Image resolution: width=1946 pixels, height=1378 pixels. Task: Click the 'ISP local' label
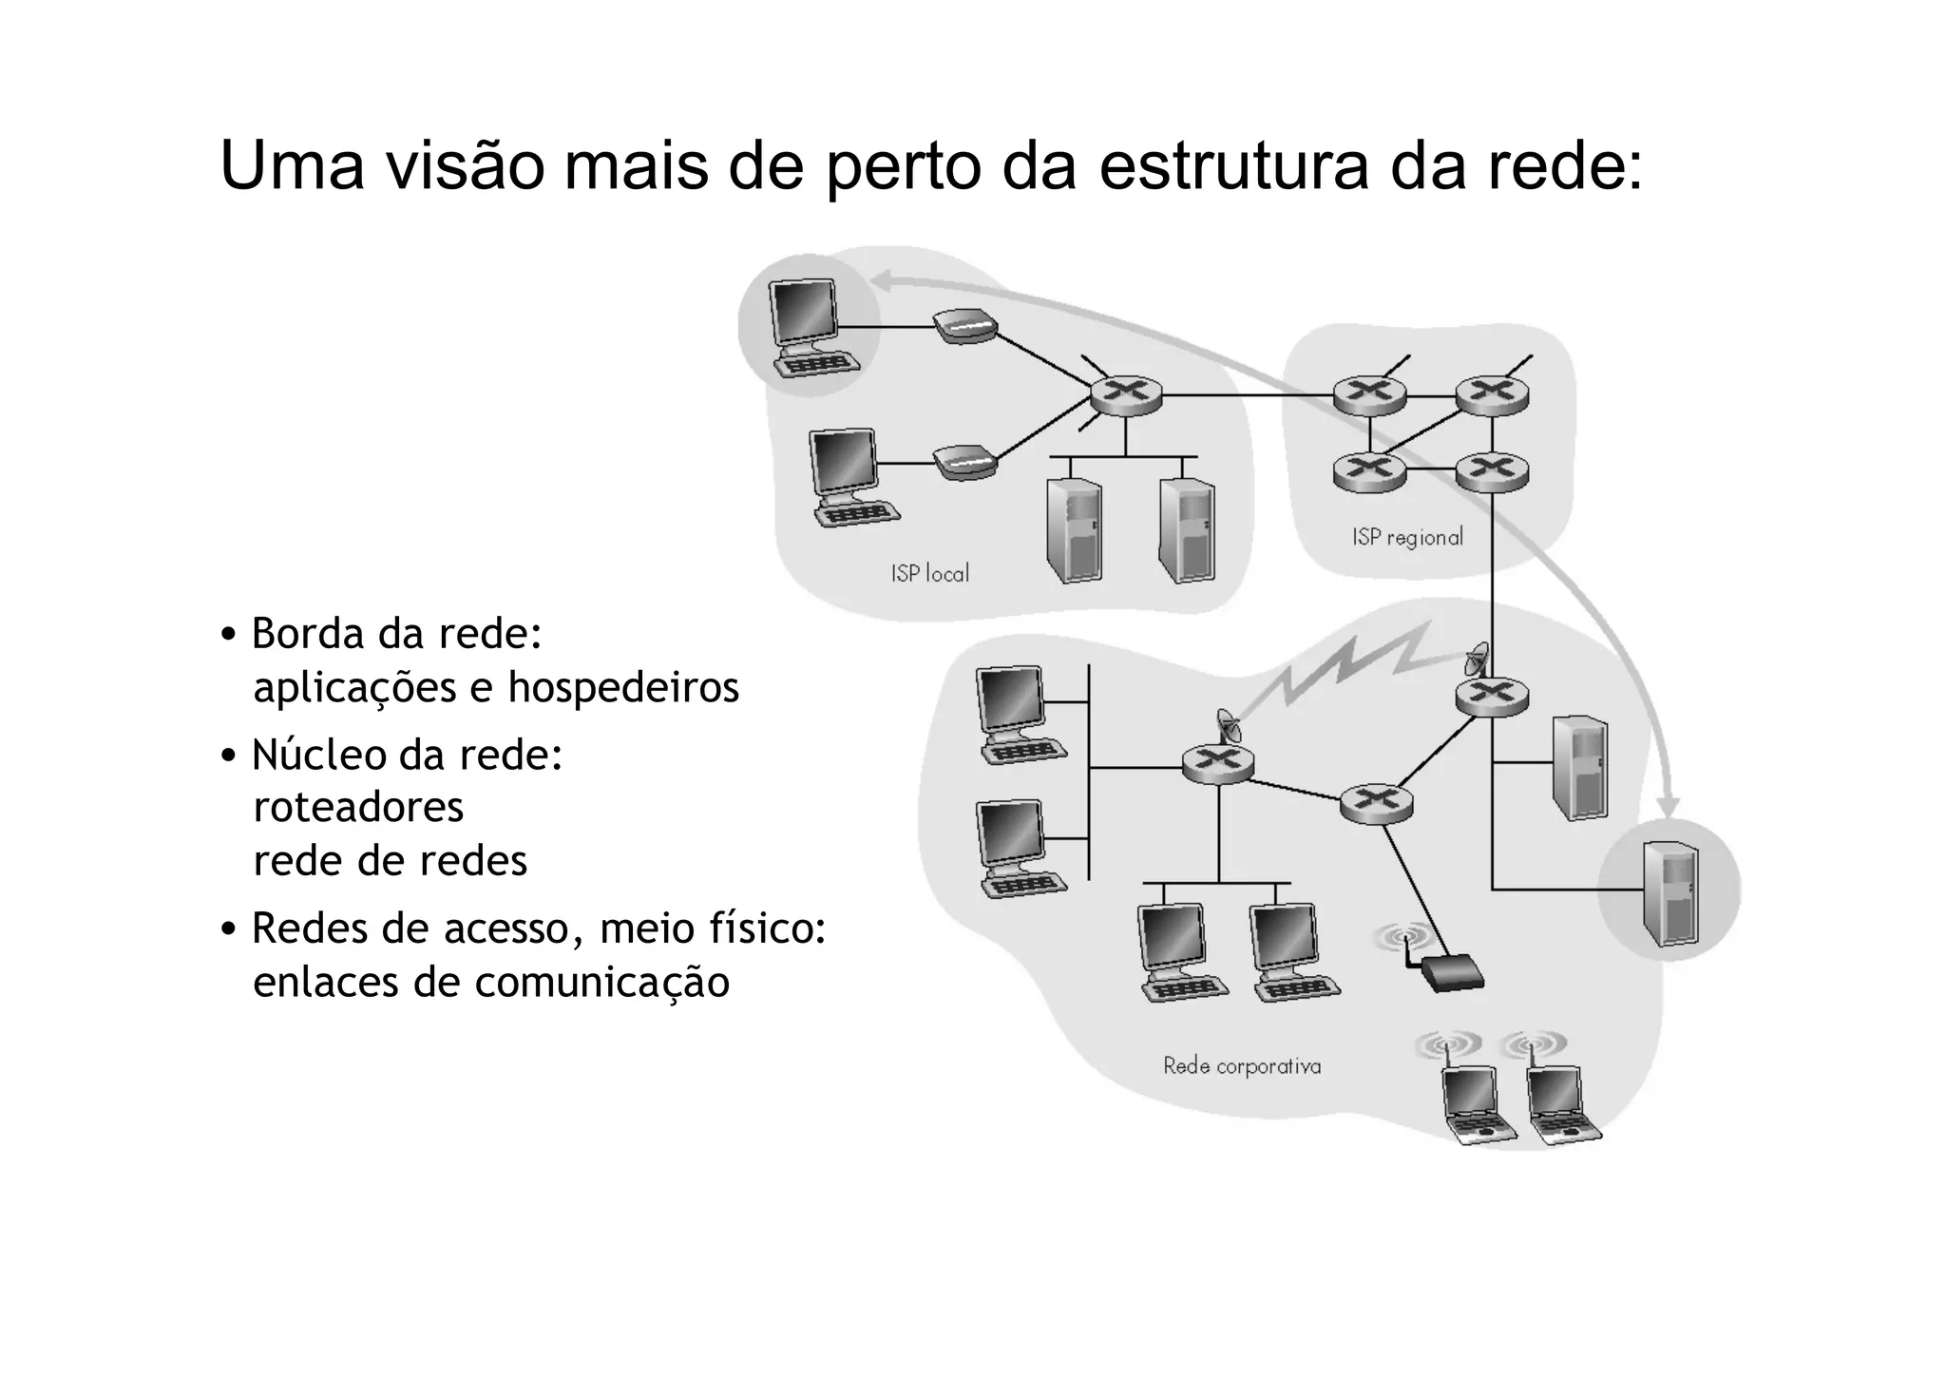click(x=929, y=574)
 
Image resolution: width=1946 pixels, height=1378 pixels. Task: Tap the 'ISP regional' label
click(x=1407, y=538)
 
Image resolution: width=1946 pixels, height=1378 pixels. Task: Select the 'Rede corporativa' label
click(x=1242, y=1066)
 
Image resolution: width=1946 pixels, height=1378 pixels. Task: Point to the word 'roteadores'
click(x=358, y=808)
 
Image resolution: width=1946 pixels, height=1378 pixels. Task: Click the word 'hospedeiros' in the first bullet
click(x=622, y=687)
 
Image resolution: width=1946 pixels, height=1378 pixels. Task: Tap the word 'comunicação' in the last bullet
click(x=601, y=983)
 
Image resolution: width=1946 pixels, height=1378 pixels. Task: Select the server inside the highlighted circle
click(x=1669, y=893)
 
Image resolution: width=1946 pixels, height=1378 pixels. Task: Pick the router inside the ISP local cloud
click(x=1125, y=394)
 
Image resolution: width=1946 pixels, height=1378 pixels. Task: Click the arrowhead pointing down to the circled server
click(x=1668, y=806)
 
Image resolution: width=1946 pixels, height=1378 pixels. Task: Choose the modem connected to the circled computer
click(x=964, y=327)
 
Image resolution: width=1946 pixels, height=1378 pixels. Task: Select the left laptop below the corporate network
click(x=1473, y=1103)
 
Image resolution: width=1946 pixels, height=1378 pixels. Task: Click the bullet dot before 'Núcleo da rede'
click(x=228, y=756)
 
